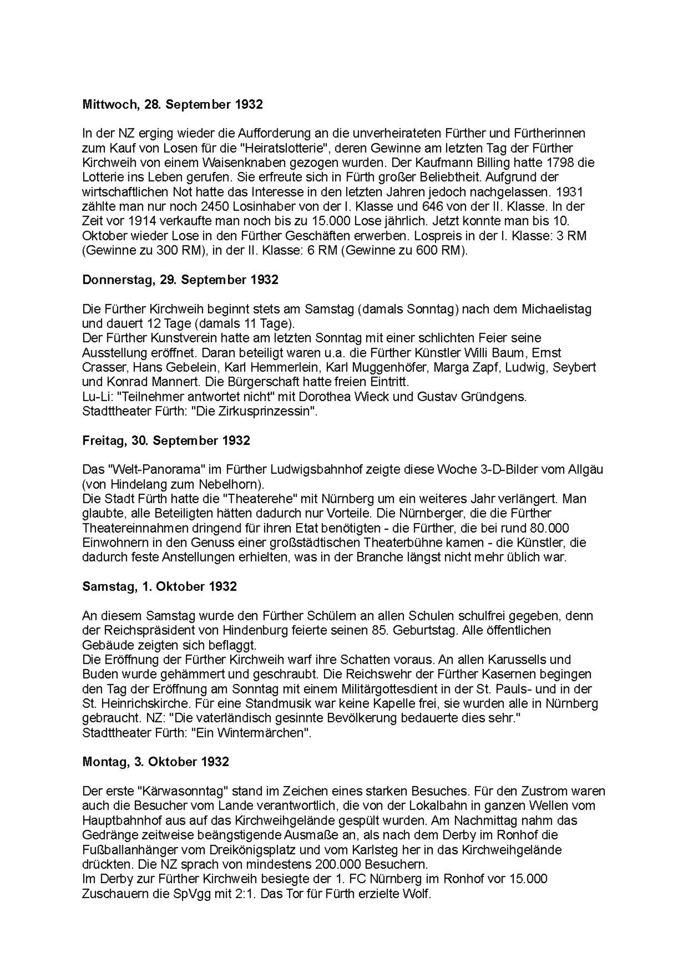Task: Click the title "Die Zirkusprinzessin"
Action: (x=254, y=411)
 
